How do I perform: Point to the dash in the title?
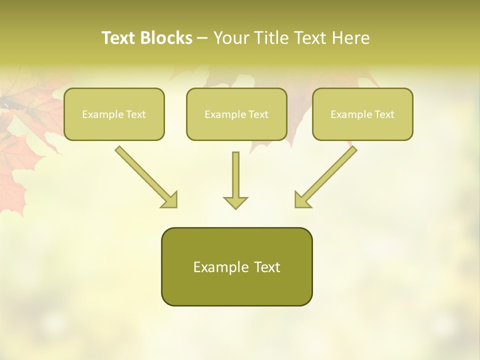pos(202,38)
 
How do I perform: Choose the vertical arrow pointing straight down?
pos(235,175)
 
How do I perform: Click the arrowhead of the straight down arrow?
pos(235,202)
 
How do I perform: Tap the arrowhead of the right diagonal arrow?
pos(301,200)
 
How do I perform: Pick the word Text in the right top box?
pos(384,114)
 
